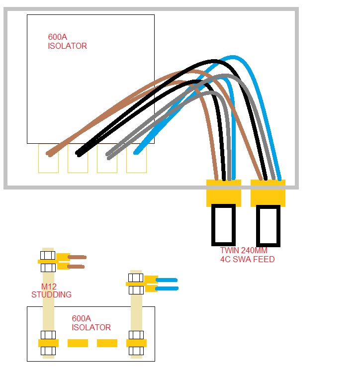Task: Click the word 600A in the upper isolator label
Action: pyautogui.click(x=56, y=37)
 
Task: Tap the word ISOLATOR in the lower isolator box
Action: pyautogui.click(x=91, y=328)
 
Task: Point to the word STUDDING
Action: pyautogui.click(x=51, y=294)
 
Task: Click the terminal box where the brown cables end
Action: pyautogui.click(x=48, y=159)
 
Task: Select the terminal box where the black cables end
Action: pyautogui.click(x=78, y=159)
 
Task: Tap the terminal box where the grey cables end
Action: pyautogui.click(x=107, y=159)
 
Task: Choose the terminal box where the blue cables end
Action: pyautogui.click(x=136, y=159)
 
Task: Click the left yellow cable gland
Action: pyautogui.click(x=223, y=193)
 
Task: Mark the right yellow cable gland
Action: pyautogui.click(x=268, y=193)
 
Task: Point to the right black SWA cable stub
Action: pyautogui.click(x=268, y=225)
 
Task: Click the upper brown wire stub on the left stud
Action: pyautogui.click(x=77, y=257)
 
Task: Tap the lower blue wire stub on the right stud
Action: pyautogui.click(x=167, y=288)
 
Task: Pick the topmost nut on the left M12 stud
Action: pyautogui.click(x=48, y=255)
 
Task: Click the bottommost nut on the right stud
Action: pyautogui.click(x=136, y=351)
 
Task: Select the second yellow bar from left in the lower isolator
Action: pyautogui.click(x=78, y=343)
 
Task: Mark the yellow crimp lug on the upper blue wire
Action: pyautogui.click(x=151, y=280)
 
